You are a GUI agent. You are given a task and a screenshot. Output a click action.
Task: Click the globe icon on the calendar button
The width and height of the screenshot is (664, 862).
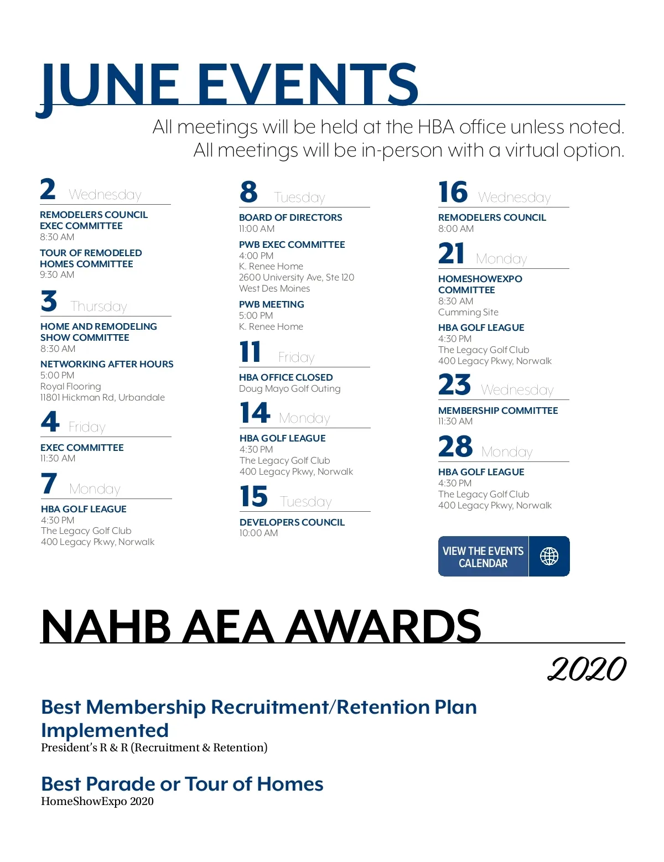coord(549,556)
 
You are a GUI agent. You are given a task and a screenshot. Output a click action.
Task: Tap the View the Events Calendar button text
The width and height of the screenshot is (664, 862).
coord(483,557)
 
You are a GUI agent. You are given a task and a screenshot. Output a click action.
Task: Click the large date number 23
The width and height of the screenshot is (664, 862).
coord(454,385)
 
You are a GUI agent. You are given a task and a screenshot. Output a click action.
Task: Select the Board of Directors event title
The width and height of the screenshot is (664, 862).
coord(290,217)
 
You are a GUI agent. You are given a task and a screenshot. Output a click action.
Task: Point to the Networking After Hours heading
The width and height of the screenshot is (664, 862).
coord(107,364)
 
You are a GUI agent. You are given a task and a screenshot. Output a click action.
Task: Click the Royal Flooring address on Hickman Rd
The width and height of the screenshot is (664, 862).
coord(102,397)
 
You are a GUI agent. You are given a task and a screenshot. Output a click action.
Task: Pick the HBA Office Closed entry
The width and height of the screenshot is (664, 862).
coord(286,377)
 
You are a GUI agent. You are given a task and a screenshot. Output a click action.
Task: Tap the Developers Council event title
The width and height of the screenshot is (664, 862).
coord(292,522)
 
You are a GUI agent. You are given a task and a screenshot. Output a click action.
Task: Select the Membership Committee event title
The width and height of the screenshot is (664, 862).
coord(498,411)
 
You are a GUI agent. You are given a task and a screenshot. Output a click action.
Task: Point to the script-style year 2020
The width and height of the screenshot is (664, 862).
coord(587,669)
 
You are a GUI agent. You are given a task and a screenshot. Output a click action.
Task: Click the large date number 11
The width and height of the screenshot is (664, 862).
coord(250,352)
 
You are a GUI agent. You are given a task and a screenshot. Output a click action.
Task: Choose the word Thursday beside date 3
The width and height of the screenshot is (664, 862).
coord(98,307)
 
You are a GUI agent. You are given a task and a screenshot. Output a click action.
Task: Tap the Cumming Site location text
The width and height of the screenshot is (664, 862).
coord(468,312)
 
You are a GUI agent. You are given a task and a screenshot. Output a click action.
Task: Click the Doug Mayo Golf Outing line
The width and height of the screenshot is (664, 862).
coord(289,388)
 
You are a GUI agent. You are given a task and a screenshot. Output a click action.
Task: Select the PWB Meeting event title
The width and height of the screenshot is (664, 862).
coord(271,304)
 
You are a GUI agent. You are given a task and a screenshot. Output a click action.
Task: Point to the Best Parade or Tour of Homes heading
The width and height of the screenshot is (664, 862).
coord(182,784)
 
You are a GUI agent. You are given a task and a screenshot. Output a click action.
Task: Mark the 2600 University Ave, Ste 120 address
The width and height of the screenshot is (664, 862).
coord(296,277)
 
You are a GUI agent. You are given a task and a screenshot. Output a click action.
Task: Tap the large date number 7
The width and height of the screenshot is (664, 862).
coord(49,484)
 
